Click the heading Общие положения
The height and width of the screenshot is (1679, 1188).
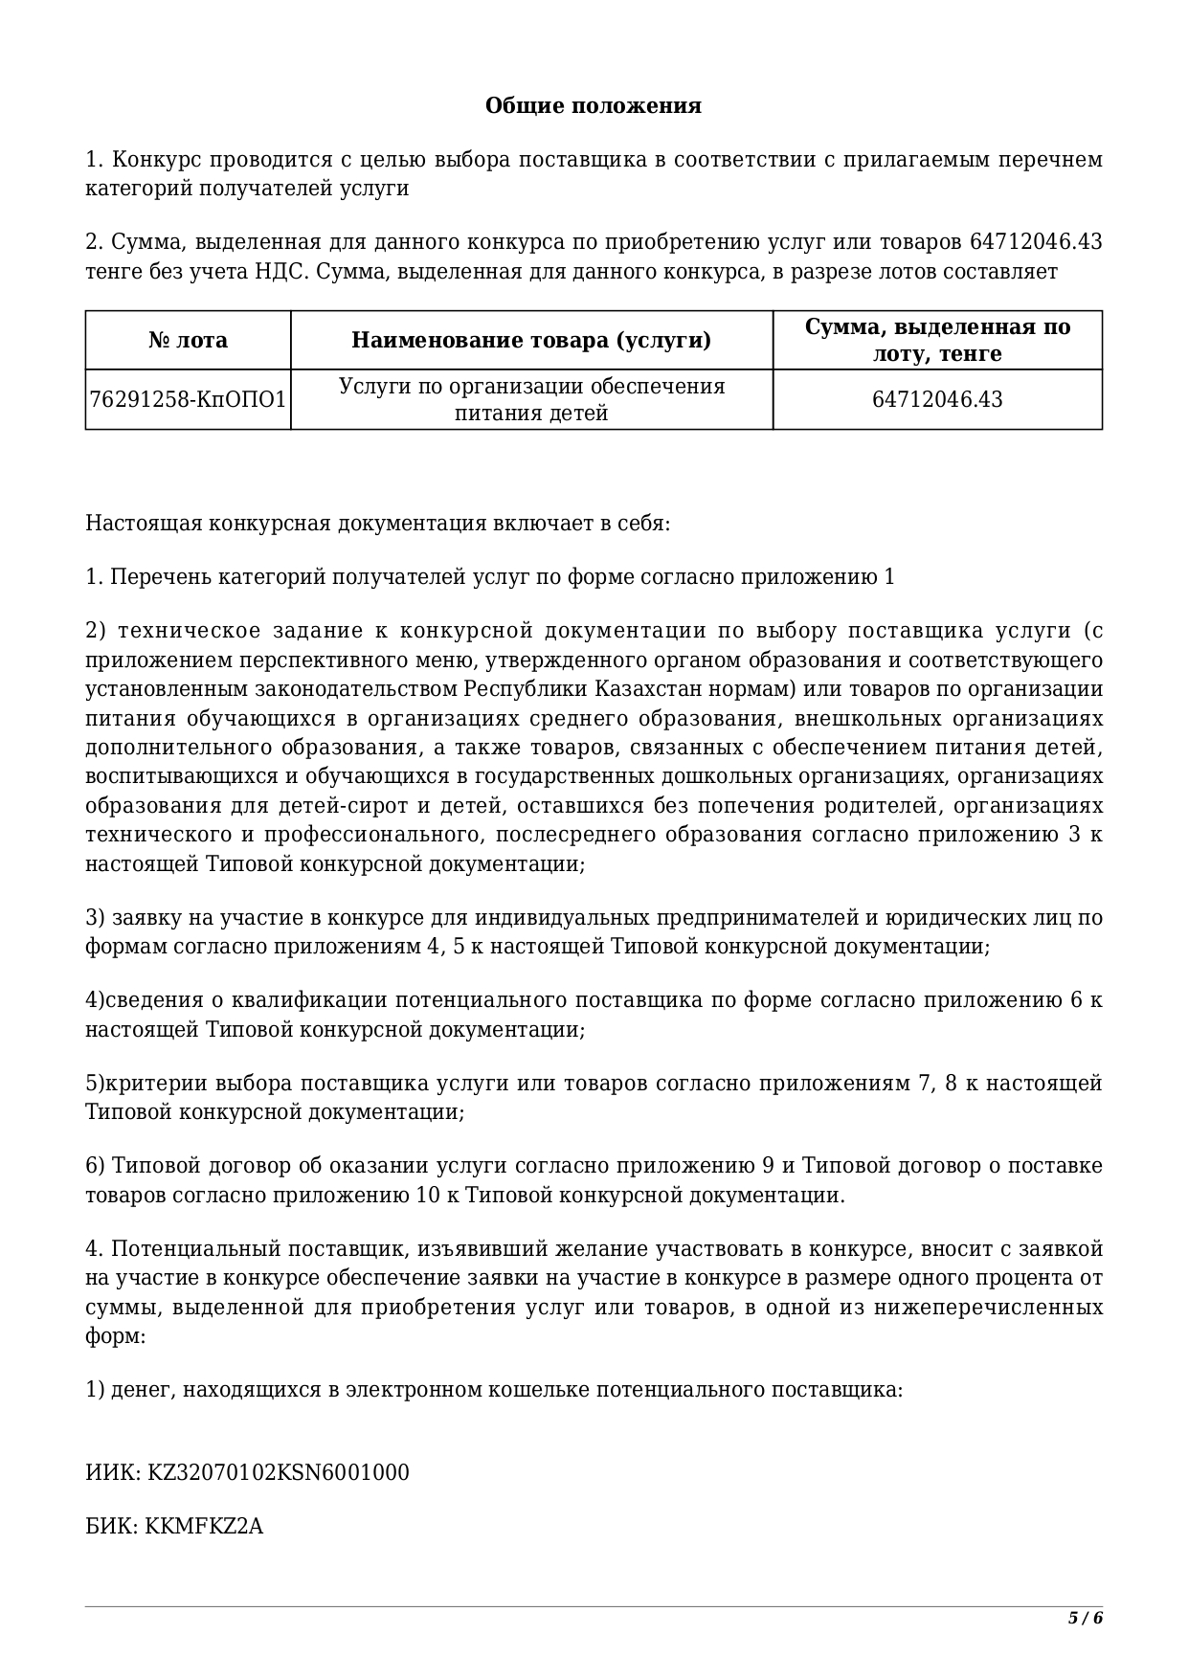[x=593, y=105]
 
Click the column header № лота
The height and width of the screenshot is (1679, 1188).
[x=188, y=340]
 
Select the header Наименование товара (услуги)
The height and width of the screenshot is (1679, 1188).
[x=531, y=340]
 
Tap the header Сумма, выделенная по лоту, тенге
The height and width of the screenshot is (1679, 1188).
[x=937, y=340]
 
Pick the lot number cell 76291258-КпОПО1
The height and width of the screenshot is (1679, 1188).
[x=188, y=399]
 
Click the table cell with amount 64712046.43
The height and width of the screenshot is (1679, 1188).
[x=937, y=399]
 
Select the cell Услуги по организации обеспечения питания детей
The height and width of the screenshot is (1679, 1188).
[x=531, y=399]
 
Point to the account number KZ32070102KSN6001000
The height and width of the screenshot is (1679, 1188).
[x=278, y=1472]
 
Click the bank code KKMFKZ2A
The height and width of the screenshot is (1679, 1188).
[x=204, y=1526]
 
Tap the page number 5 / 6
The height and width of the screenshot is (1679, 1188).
[x=1086, y=1619]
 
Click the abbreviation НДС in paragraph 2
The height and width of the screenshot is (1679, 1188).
[x=278, y=272]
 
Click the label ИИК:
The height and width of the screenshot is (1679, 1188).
[x=113, y=1472]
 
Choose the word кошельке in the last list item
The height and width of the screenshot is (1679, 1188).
[x=537, y=1389]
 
